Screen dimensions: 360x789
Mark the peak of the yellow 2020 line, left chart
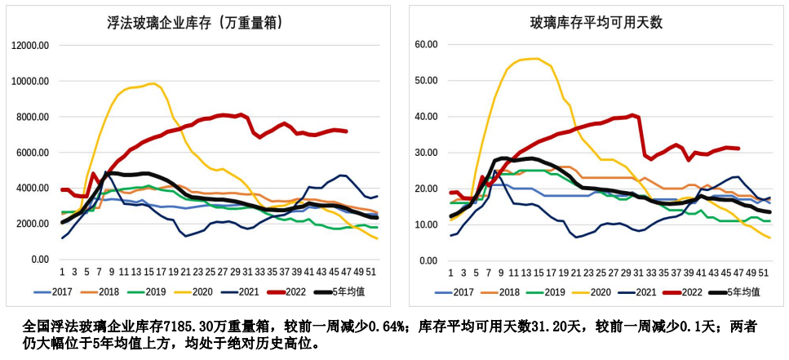point(152,83)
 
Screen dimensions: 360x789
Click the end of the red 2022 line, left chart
point(347,131)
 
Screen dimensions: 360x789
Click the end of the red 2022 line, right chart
point(738,149)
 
